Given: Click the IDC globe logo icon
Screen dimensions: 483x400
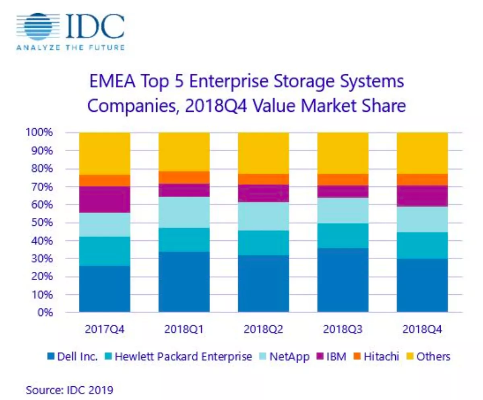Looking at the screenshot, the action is [38, 27].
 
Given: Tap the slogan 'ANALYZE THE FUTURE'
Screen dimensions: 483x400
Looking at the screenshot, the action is [71, 48].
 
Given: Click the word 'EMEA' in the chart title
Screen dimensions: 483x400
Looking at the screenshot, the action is [112, 81].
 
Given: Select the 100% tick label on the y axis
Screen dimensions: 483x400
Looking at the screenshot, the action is [39, 132].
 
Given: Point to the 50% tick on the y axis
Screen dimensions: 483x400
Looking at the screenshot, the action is [42, 223].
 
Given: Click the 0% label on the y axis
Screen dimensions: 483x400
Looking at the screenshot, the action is [45, 312].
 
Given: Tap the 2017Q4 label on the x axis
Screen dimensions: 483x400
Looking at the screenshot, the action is [105, 329].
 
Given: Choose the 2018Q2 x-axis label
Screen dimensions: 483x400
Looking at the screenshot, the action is [264, 329].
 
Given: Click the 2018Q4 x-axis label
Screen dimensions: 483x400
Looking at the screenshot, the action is [422, 329].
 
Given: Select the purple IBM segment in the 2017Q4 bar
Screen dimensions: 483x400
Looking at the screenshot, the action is [105, 200].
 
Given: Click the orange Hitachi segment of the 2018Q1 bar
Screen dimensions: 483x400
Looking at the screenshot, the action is [184, 177].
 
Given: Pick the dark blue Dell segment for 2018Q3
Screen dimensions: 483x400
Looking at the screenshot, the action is [343, 280].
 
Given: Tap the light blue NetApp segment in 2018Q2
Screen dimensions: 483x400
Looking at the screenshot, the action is [264, 216].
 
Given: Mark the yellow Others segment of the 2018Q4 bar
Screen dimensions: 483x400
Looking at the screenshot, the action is [422, 153].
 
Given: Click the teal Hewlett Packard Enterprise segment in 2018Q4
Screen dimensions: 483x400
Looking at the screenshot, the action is [422, 246].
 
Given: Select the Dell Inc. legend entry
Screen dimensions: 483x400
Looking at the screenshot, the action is [72, 357].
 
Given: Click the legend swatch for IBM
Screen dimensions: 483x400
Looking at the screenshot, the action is [320, 356].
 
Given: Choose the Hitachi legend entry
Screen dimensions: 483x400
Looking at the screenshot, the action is [376, 357].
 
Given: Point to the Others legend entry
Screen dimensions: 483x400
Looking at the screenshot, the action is [428, 357].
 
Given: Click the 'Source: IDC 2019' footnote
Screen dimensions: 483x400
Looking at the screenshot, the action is [69, 390].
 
